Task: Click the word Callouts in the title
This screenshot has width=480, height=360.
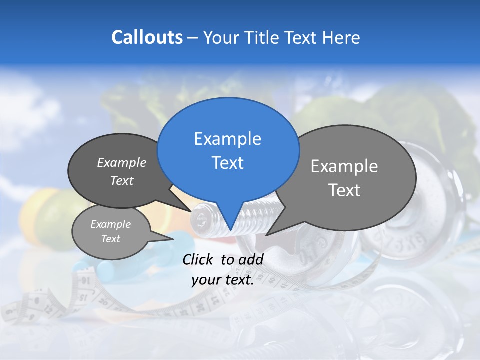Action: tap(147, 37)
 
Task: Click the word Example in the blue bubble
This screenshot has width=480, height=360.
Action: tap(228, 138)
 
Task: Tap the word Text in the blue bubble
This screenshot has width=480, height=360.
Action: tap(228, 163)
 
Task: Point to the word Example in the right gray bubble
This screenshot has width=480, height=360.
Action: tap(344, 166)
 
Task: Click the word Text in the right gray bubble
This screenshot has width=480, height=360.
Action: tap(344, 190)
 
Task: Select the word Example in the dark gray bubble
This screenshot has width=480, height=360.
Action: tap(122, 162)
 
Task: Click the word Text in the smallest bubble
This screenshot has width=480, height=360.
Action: tap(111, 239)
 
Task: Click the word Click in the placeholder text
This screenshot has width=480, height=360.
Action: tap(199, 259)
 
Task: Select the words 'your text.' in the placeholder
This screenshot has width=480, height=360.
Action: tap(223, 280)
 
